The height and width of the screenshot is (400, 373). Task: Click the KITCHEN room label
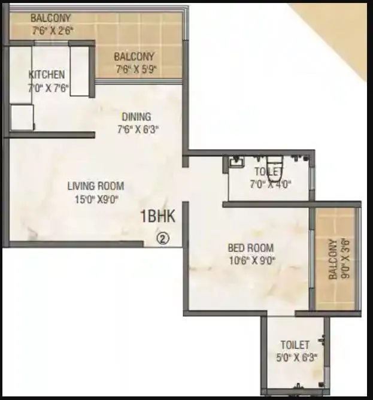[x=47, y=75]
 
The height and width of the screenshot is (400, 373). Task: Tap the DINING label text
[x=137, y=117]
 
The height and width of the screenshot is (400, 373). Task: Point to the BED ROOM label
[x=251, y=247]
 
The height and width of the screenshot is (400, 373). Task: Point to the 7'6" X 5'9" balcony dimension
[x=137, y=69]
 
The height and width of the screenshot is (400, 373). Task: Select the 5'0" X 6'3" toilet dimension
[x=295, y=357]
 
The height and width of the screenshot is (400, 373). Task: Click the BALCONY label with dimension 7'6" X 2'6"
[x=51, y=17]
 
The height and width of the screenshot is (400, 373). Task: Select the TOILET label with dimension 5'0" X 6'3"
[x=295, y=345]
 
